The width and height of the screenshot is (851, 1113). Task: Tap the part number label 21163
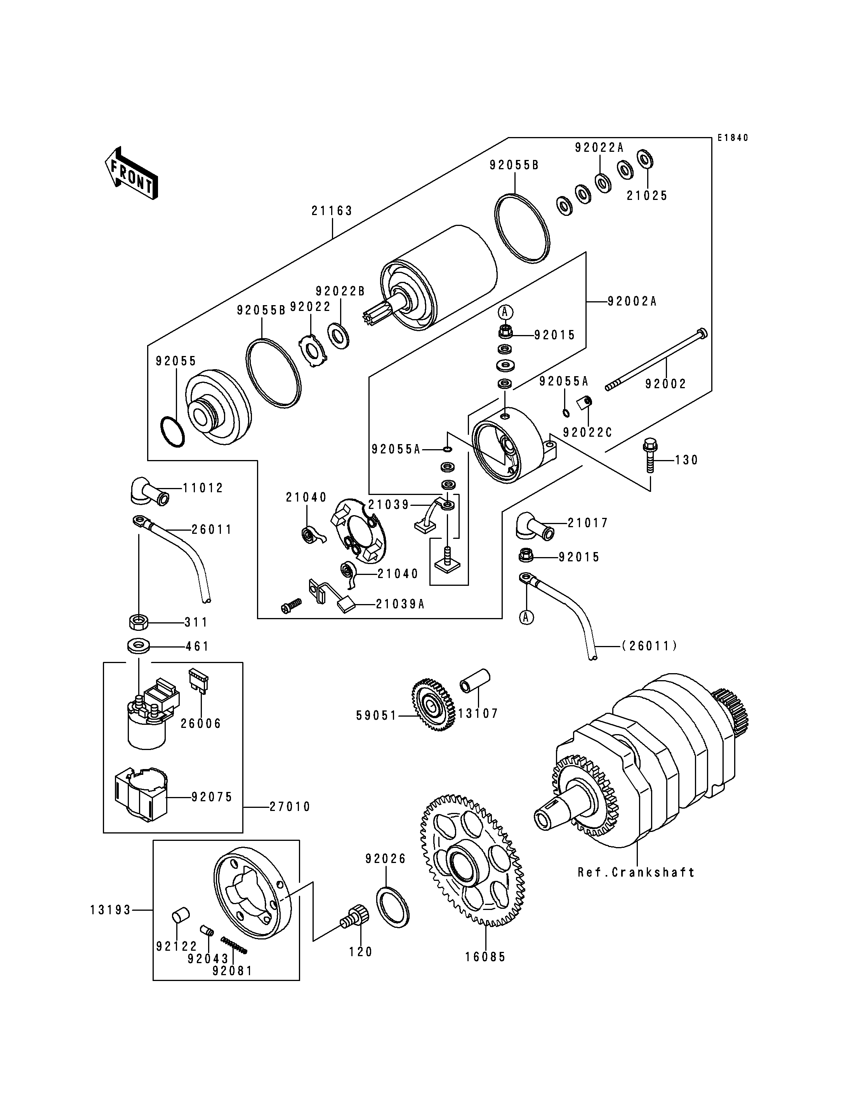click(332, 211)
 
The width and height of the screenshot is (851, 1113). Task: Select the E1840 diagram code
click(733, 138)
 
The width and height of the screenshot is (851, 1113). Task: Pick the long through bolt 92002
click(656, 361)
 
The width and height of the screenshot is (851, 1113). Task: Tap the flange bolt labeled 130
click(650, 455)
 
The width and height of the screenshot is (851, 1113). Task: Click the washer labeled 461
click(138, 646)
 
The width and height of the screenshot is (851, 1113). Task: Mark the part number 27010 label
click(290, 806)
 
